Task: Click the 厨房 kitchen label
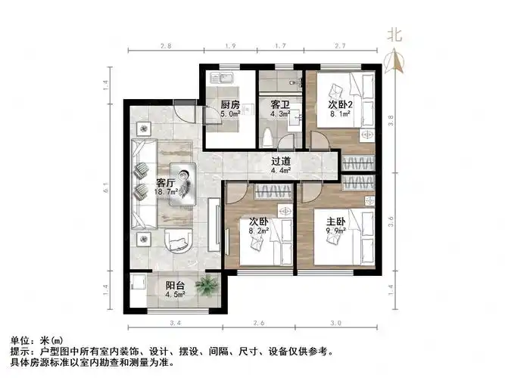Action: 230,105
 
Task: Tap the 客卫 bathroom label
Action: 280,105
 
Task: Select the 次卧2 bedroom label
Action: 338,105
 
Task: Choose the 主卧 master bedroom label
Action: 335,222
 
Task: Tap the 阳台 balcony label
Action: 175,286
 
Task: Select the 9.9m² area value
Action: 335,232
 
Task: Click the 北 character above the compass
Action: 394,33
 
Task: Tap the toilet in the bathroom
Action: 267,138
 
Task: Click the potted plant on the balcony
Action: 204,287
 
